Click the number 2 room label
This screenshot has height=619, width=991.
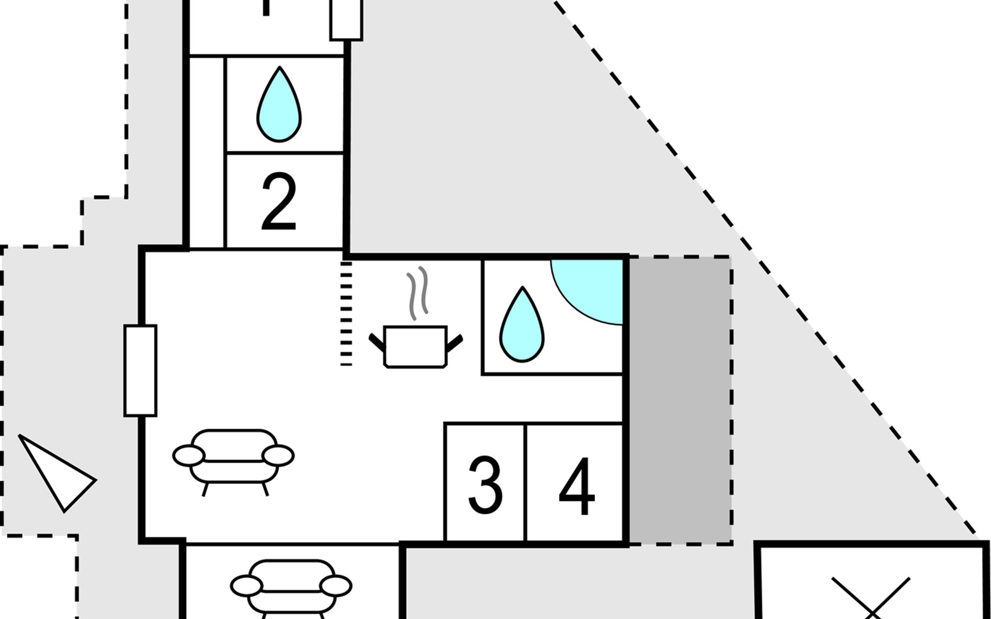coord(279,202)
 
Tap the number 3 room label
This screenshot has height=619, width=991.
coord(485,484)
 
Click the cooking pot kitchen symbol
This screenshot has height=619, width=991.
coord(415,347)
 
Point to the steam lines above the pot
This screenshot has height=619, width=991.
coord(418,292)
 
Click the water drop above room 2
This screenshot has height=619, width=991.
coord(279,106)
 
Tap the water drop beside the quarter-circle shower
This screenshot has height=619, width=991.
coord(522,325)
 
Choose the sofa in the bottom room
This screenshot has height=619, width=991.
coord(291,588)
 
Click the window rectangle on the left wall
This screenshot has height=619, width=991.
coord(140,370)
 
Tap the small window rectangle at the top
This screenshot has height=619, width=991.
coord(346,20)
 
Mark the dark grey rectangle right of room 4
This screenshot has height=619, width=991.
coord(679,400)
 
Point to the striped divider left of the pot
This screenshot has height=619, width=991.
coord(346,314)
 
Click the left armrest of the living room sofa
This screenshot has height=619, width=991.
coord(188,456)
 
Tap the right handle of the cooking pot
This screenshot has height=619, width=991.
coord(454,341)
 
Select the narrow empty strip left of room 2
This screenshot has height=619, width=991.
coord(207,153)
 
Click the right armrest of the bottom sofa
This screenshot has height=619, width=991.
coord(335,587)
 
